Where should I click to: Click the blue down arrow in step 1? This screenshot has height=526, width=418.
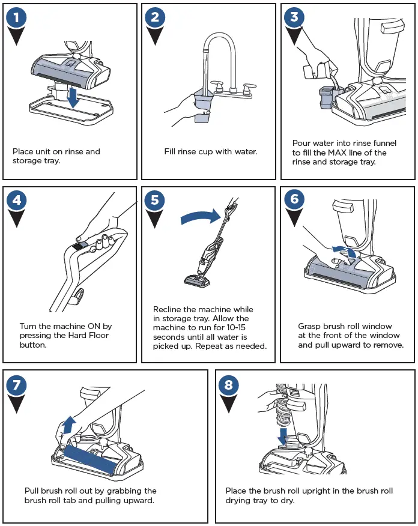tap(73, 98)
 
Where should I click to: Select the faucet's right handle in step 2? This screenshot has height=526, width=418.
tap(245, 86)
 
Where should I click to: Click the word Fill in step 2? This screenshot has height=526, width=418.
tap(171, 152)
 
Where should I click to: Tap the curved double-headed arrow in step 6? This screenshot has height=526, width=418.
tap(345, 250)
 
